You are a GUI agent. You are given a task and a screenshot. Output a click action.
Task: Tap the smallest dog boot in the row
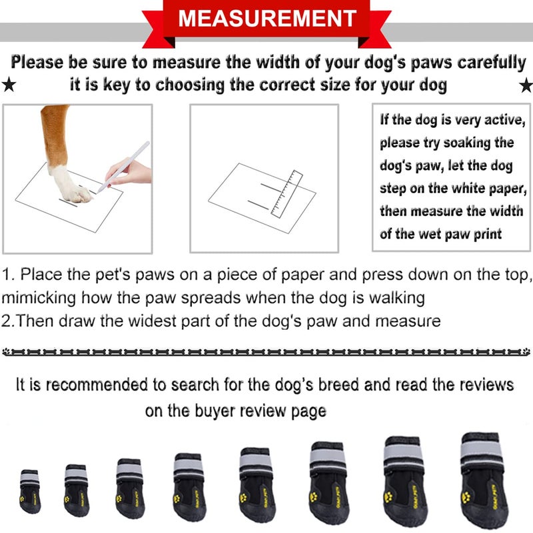click(29, 491)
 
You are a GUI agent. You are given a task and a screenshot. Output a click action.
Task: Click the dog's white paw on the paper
click(70, 183)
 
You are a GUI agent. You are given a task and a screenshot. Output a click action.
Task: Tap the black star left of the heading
click(9, 85)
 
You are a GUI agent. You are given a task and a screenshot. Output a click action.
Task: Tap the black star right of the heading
click(525, 85)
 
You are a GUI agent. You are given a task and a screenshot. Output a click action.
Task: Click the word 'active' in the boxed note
click(504, 121)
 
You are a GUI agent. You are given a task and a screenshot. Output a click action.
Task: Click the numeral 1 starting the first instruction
click(7, 274)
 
